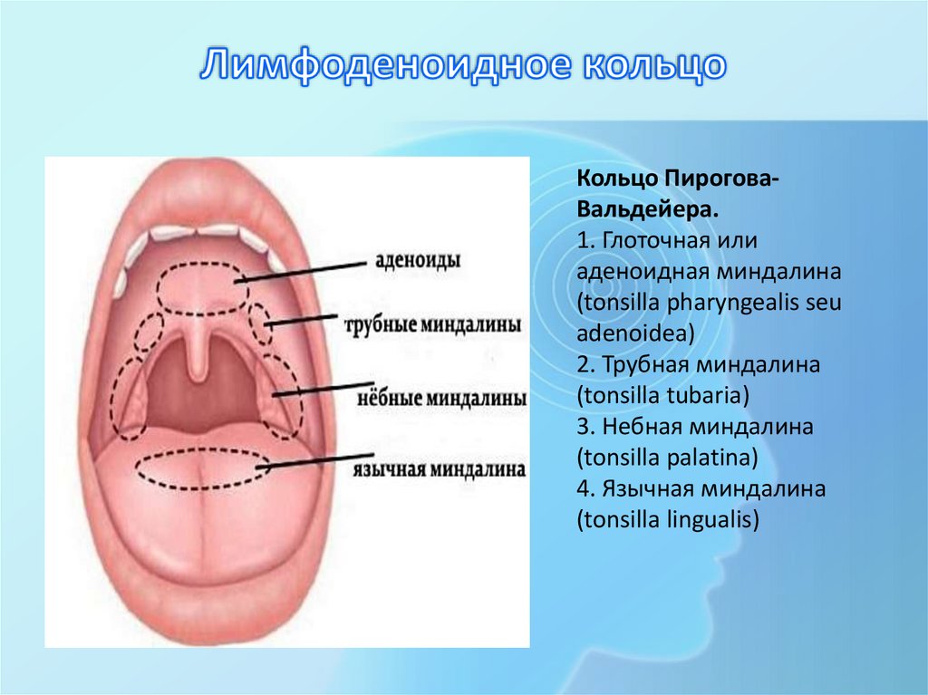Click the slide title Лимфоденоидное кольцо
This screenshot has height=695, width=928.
coord(463,66)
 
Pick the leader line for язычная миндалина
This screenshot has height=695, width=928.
coord(308,464)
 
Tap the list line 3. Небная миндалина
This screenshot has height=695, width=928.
coord(694,427)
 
